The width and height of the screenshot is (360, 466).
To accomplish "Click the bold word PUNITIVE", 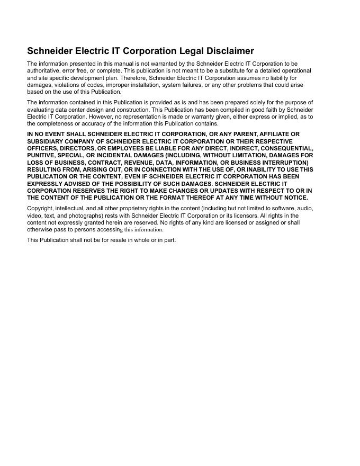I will (41, 156).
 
